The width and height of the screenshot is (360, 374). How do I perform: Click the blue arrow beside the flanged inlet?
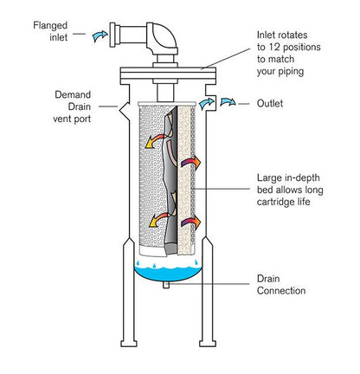click(100, 35)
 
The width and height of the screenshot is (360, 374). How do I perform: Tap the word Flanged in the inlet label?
click(50, 25)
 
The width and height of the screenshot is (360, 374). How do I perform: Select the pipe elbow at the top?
click(163, 38)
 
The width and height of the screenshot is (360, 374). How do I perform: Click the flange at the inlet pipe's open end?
click(112, 35)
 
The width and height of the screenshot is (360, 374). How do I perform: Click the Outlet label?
click(270, 104)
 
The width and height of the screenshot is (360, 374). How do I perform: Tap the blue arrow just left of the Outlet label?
click(228, 102)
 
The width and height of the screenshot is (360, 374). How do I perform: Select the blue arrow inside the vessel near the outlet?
click(207, 103)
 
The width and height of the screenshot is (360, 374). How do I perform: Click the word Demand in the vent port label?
click(73, 94)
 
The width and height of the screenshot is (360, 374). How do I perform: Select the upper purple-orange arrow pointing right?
click(190, 164)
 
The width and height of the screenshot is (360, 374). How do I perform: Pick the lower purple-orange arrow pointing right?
click(190, 222)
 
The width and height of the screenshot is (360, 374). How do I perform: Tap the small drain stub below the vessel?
click(166, 285)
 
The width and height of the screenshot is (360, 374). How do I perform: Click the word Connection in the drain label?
click(281, 291)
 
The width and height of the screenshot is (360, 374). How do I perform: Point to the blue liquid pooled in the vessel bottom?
click(168, 274)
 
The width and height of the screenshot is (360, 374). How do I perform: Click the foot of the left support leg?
click(129, 344)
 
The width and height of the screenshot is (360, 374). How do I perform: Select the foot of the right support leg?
click(208, 344)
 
